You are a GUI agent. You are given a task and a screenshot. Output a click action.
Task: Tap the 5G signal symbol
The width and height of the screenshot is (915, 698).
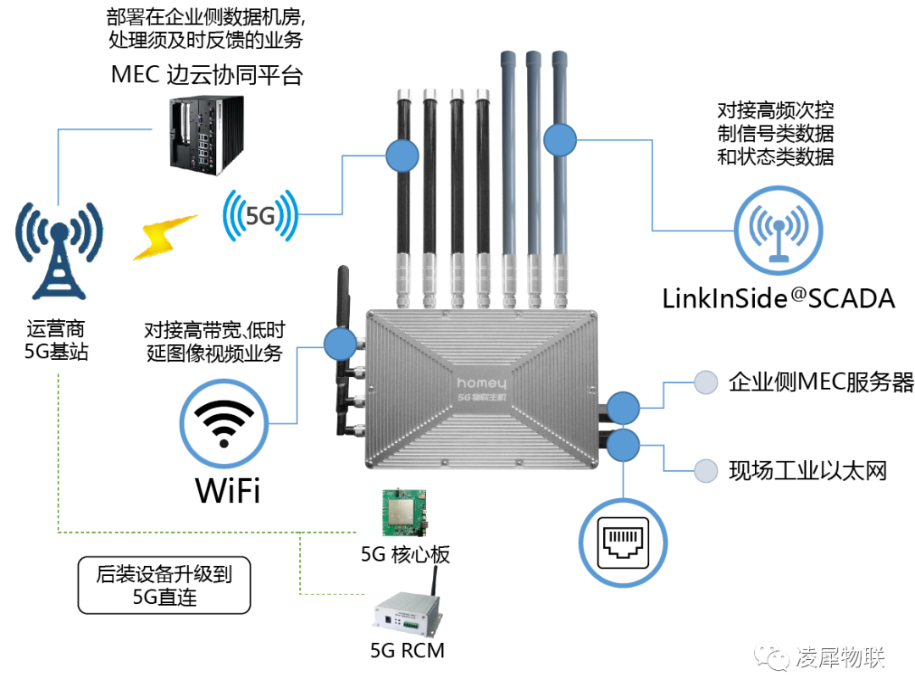click(260, 215)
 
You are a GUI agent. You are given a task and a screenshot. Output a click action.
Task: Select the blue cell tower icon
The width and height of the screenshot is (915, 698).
click(58, 249)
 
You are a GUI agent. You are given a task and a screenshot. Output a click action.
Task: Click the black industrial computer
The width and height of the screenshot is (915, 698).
click(207, 134)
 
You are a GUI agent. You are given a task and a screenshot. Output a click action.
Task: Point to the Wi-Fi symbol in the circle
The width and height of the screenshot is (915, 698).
click(224, 422)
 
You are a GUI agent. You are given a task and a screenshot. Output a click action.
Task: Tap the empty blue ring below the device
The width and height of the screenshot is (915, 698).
click(623, 542)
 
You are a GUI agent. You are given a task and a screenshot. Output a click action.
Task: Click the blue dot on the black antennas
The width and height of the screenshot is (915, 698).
click(402, 156)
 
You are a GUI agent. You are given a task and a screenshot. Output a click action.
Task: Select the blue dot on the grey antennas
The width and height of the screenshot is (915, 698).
click(559, 140)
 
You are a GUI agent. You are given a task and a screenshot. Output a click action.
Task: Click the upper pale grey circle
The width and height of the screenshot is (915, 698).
click(706, 383)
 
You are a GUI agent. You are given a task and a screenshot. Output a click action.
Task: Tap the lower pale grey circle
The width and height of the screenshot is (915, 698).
click(706, 471)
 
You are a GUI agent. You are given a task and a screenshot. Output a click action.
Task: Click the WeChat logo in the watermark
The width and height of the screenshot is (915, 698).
click(771, 656)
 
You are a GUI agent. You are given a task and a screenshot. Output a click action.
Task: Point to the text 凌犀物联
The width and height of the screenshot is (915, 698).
click(839, 656)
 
